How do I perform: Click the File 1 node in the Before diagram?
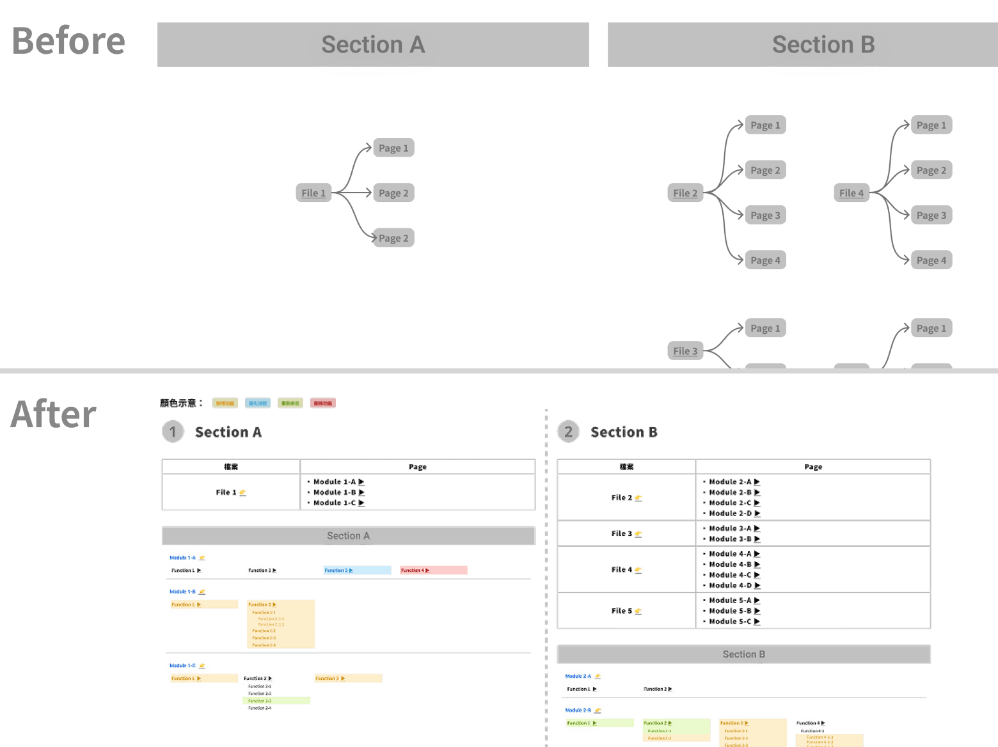pyautogui.click(x=313, y=193)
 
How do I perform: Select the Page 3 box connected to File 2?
pyautogui.click(x=765, y=216)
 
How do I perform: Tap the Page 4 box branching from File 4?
pyautogui.click(x=931, y=260)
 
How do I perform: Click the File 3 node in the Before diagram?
pyautogui.click(x=685, y=351)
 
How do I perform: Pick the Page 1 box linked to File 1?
pyautogui.click(x=393, y=148)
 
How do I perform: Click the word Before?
pyautogui.click(x=68, y=42)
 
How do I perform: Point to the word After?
pyautogui.click(x=54, y=414)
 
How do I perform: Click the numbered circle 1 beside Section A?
pyautogui.click(x=173, y=432)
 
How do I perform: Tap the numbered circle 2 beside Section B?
pyautogui.click(x=568, y=432)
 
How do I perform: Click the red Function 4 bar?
pyautogui.click(x=434, y=570)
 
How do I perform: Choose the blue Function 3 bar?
pyautogui.click(x=357, y=570)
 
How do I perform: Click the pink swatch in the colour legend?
pyautogui.click(x=322, y=403)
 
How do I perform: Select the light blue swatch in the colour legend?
pyautogui.click(x=258, y=403)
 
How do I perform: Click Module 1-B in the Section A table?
pyautogui.click(x=335, y=492)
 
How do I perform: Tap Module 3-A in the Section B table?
pyautogui.click(x=731, y=528)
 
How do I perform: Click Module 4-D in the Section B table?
pyautogui.click(x=731, y=585)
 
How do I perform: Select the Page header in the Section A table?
pyautogui.click(x=417, y=467)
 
